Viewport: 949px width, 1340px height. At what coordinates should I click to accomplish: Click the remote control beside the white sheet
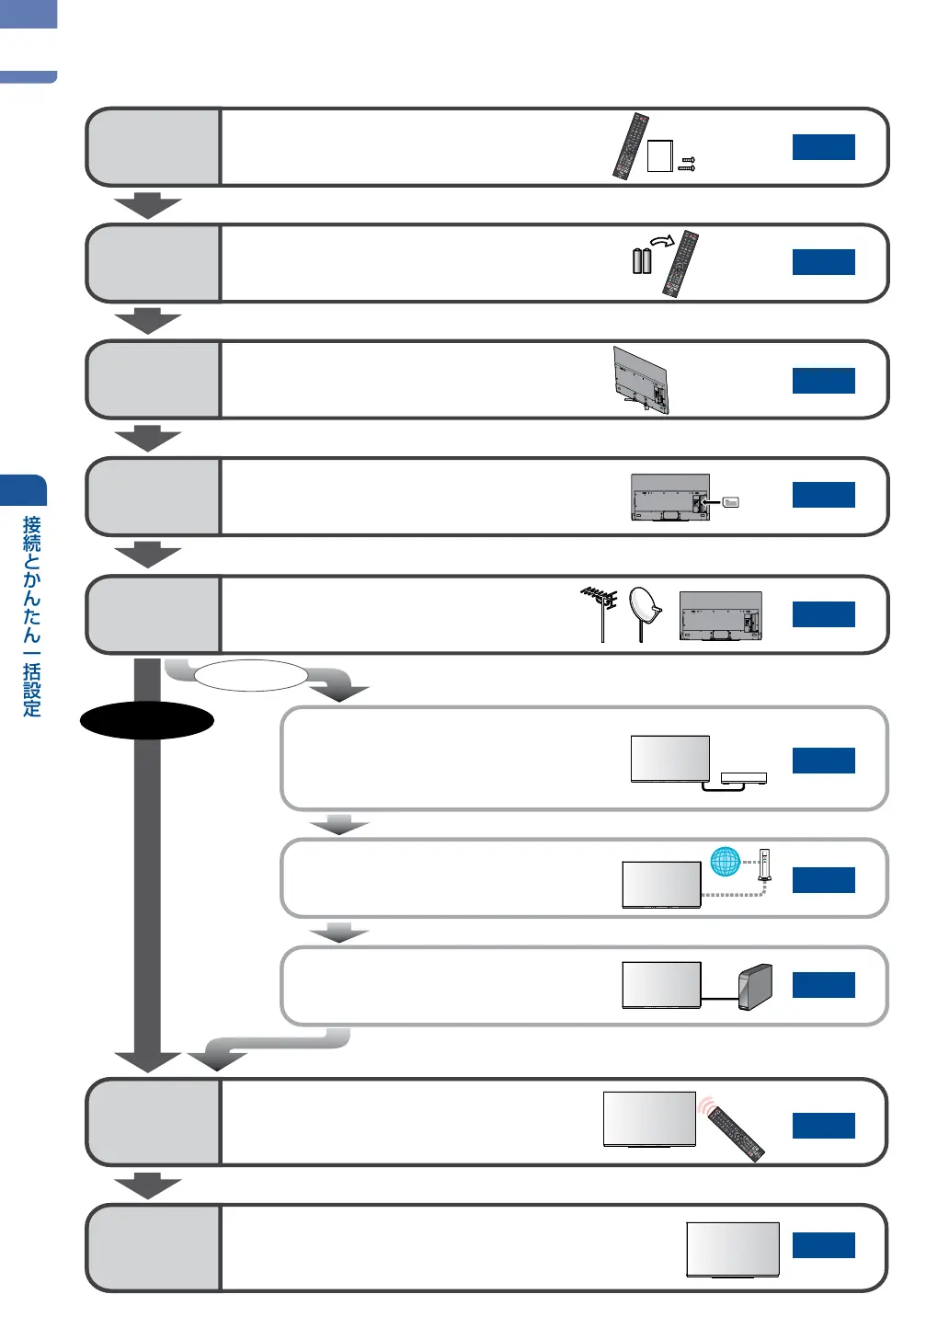point(631,146)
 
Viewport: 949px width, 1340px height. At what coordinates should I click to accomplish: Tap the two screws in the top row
point(687,164)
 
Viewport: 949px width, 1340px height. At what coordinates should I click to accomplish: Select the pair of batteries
point(642,260)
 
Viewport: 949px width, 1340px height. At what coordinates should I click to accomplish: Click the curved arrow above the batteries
point(662,241)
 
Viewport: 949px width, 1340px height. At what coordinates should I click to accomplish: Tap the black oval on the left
point(147,720)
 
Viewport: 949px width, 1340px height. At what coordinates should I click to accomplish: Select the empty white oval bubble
point(250,675)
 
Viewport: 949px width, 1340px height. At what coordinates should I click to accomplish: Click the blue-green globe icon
point(725,861)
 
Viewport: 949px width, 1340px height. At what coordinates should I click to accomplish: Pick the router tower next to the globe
point(763,866)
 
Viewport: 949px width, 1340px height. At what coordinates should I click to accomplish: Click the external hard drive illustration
point(755,987)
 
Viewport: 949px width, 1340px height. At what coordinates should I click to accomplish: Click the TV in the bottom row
point(733,1249)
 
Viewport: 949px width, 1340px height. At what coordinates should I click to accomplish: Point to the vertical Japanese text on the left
point(32,615)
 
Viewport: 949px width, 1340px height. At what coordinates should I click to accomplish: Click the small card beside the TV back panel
point(731,502)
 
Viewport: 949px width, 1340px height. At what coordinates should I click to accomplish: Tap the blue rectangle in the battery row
point(823,262)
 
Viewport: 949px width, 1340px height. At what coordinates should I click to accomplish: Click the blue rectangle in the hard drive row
point(823,985)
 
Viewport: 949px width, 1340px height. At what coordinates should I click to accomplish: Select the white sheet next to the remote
point(659,155)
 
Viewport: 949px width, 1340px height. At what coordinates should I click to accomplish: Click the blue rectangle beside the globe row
point(823,880)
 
